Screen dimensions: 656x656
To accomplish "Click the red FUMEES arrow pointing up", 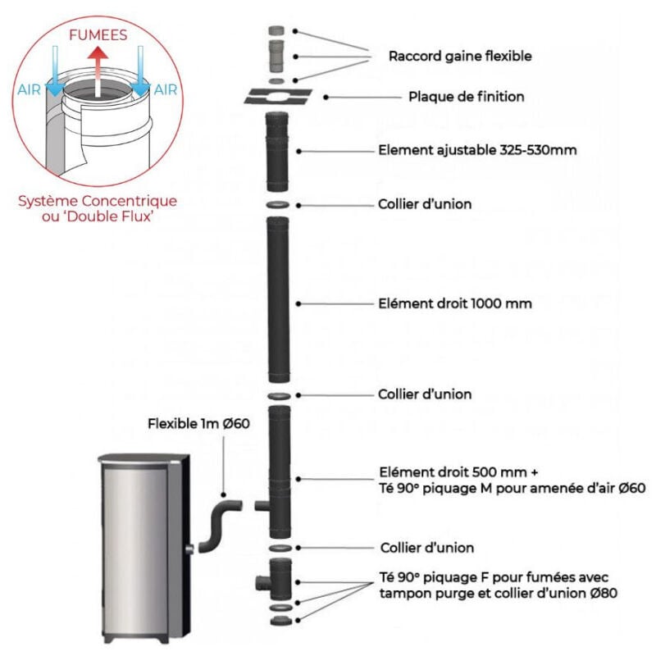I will click(98, 70).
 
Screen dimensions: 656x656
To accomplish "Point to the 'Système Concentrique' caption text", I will click(98, 200).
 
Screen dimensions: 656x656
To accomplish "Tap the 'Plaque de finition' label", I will click(467, 97).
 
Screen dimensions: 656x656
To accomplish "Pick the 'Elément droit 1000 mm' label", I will click(456, 303).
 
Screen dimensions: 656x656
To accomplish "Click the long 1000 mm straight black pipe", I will click(278, 303).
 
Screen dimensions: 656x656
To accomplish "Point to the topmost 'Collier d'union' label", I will click(425, 204).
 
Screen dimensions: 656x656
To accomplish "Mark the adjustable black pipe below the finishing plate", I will click(277, 153).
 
